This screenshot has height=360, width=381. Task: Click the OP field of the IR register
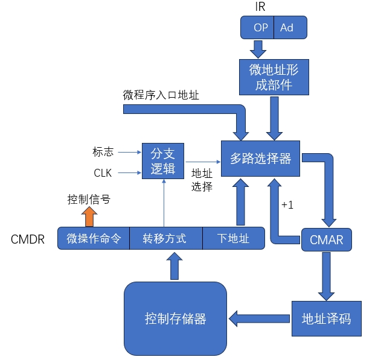coord(261,28)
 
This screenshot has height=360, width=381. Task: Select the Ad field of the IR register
coord(287,28)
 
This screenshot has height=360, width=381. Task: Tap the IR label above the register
coord(260,7)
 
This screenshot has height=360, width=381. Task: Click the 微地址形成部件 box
coord(274,77)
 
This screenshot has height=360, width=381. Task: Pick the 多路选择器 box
coord(260,159)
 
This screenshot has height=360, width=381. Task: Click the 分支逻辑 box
coord(162,160)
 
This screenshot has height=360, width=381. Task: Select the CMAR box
coord(326,240)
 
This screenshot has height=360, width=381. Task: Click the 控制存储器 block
coord(175,318)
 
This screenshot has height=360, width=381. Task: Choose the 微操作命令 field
coord(94,238)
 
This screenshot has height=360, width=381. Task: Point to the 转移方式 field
coord(164,238)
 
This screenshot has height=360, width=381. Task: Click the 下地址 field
coord(233,238)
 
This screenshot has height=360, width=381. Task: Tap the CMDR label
coord(28,239)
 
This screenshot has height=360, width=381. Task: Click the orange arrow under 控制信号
coord(89,215)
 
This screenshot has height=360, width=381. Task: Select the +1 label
coord(287,205)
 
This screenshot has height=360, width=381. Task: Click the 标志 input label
coord(103,151)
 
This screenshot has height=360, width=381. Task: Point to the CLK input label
coord(103,173)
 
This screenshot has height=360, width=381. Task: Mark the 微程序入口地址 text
coord(161,95)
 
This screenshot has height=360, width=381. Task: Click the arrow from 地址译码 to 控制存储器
coord(260,318)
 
